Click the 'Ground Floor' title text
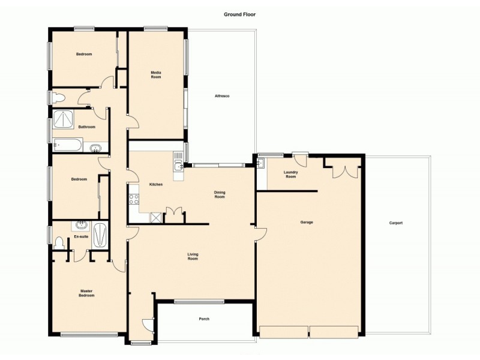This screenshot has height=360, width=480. click(x=240, y=14)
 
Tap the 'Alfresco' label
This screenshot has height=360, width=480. click(x=223, y=96)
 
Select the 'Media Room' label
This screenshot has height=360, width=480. click(x=156, y=75)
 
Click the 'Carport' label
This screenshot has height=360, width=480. click(x=395, y=223)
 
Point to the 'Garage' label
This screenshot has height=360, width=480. click(x=307, y=222)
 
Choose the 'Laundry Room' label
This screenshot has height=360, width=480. click(x=290, y=175)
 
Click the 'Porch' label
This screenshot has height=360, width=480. click(x=204, y=319)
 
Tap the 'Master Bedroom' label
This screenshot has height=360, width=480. click(x=86, y=293)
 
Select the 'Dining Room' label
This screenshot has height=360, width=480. click(x=220, y=194)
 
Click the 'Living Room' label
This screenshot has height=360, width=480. click(x=193, y=256)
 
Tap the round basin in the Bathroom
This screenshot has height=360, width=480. click(x=95, y=147)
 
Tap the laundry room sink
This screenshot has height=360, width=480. click(x=260, y=163)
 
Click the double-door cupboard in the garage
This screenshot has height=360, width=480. click(x=341, y=170)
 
